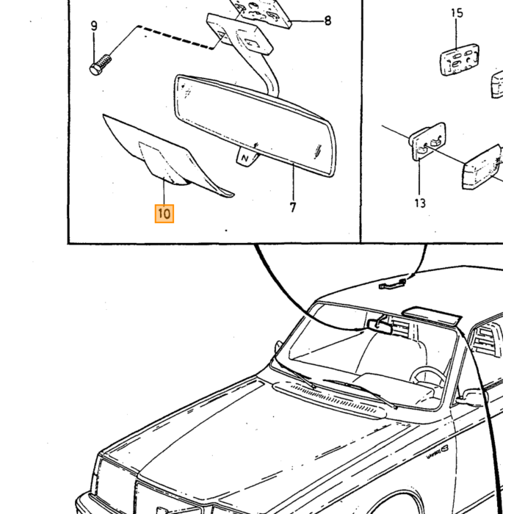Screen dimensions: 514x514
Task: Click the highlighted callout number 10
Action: (164, 214)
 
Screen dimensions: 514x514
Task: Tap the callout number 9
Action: (94, 26)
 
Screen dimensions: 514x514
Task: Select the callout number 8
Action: (327, 21)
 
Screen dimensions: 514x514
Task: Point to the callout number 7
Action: (293, 207)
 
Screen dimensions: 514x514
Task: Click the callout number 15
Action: (457, 13)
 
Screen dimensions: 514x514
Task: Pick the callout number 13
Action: (420, 203)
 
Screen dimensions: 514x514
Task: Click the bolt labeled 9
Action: (101, 65)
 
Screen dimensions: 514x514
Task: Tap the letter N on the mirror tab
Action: (245, 159)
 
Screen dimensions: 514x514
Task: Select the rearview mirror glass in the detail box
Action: (254, 126)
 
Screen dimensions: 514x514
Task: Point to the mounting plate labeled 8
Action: (261, 12)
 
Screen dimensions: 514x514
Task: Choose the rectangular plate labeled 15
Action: (459, 59)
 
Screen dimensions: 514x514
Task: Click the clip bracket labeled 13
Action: (428, 141)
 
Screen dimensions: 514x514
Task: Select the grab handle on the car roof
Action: (392, 284)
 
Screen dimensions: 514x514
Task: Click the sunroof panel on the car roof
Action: (432, 315)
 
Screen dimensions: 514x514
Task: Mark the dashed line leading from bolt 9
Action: (175, 37)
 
